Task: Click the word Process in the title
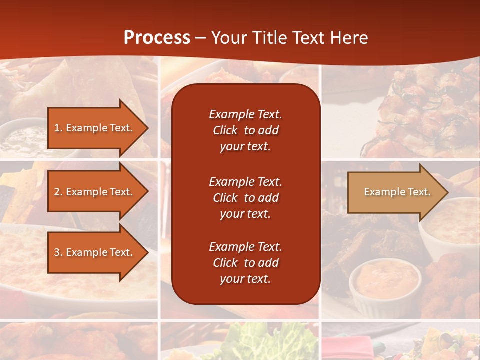[157, 37]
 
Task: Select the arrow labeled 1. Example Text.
[95, 128]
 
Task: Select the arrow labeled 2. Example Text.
[95, 192]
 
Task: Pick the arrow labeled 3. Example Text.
[95, 252]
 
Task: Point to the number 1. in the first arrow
[58, 128]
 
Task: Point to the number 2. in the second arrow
[58, 192]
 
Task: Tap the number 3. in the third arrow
[58, 252]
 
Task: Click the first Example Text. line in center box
[245, 114]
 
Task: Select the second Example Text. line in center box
[245, 181]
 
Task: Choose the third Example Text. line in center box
[245, 247]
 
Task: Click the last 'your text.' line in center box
[245, 279]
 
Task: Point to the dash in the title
[200, 38]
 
